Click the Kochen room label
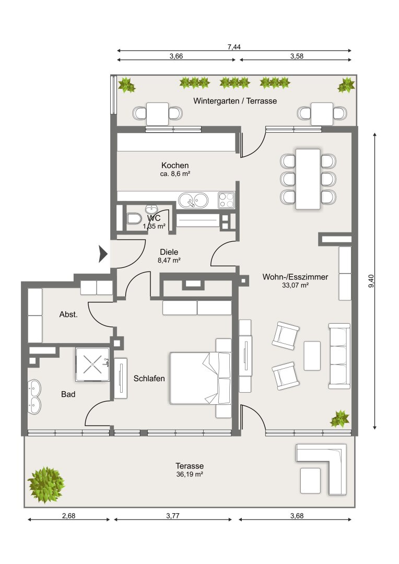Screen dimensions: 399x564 click(175, 166)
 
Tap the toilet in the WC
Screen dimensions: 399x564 click(134, 218)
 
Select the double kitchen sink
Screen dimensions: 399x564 click(193, 200)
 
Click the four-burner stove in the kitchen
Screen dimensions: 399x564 click(226, 201)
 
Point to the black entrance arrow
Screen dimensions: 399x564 click(103, 254)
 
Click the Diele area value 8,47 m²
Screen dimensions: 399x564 click(169, 261)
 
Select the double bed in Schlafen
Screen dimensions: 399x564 click(201, 378)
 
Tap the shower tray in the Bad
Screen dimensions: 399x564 click(92, 365)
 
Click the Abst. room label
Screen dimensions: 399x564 click(68, 314)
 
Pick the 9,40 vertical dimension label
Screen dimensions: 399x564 click(371, 281)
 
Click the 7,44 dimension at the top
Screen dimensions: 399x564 click(234, 47)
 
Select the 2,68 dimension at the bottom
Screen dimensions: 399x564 click(69, 516)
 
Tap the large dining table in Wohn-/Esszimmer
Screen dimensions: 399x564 click(308, 179)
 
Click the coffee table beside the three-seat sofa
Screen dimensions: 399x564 click(312, 356)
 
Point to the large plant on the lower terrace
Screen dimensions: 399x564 click(46, 485)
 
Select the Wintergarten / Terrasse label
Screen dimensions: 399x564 click(235, 101)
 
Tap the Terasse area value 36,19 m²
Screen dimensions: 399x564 click(190, 474)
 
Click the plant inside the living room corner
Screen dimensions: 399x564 click(340, 419)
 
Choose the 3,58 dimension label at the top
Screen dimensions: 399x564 click(297, 56)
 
